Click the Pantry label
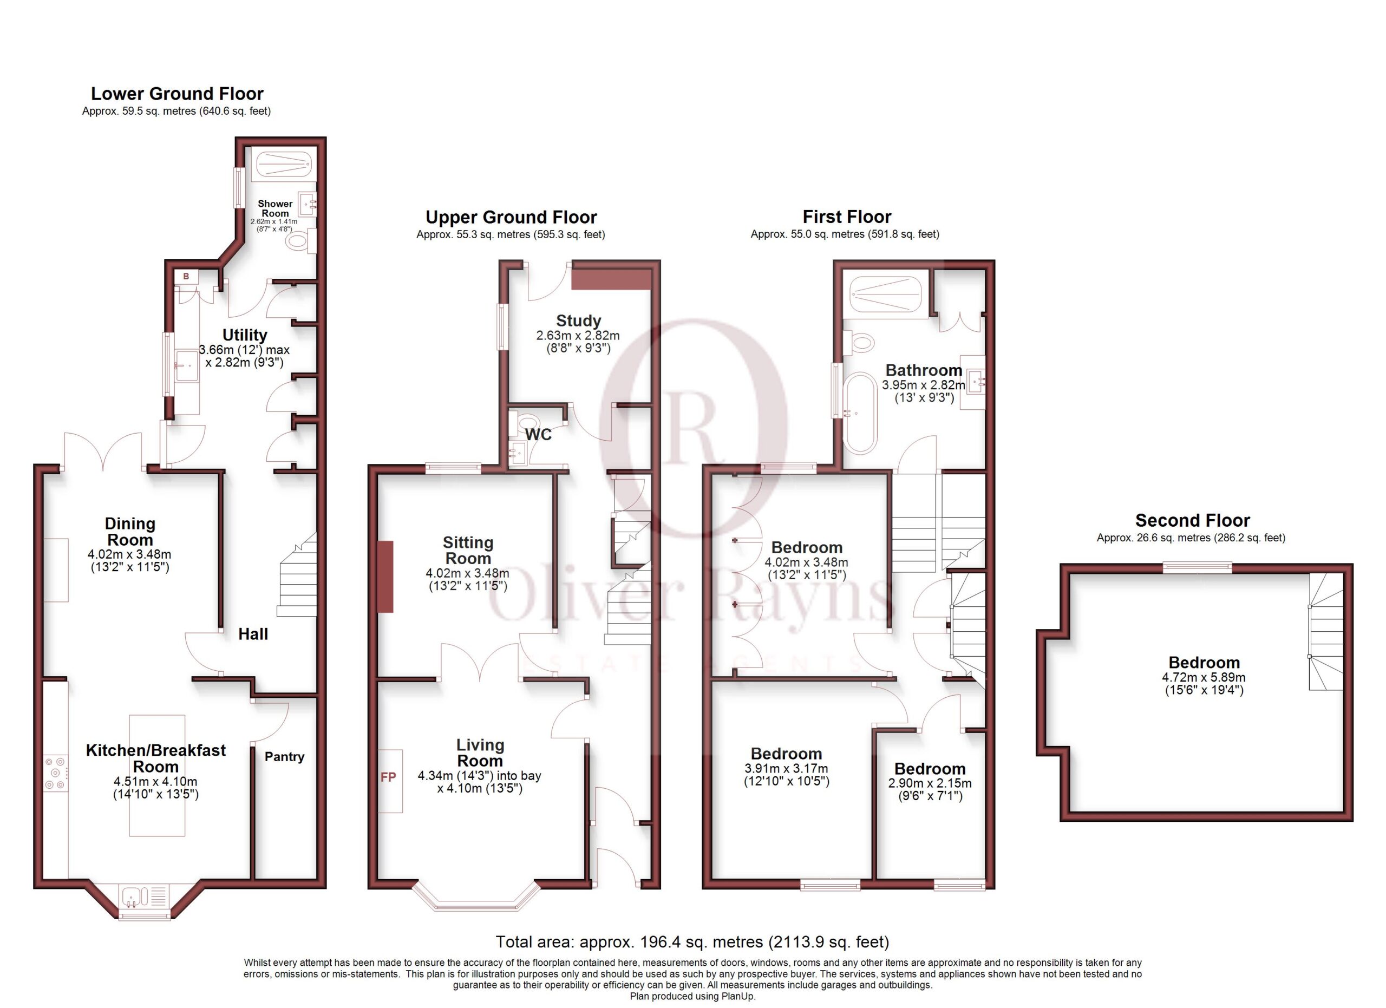pos(284,756)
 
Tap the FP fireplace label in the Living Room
pos(388,777)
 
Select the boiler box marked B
pos(186,276)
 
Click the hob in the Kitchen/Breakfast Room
pos(56,773)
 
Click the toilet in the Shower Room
pos(300,241)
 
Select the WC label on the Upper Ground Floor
pos(538,434)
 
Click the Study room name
pos(578,320)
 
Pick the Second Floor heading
pos(1192,520)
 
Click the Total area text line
pos(692,942)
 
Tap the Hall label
pos(253,634)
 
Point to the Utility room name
pos(244,335)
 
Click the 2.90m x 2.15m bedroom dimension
pos(930,783)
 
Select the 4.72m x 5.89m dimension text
pos(1204,677)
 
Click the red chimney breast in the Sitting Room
pos(385,577)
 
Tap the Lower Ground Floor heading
pos(177,94)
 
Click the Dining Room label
pos(130,532)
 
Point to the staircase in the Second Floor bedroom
pos(1325,632)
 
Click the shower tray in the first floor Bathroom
pos(886,294)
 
